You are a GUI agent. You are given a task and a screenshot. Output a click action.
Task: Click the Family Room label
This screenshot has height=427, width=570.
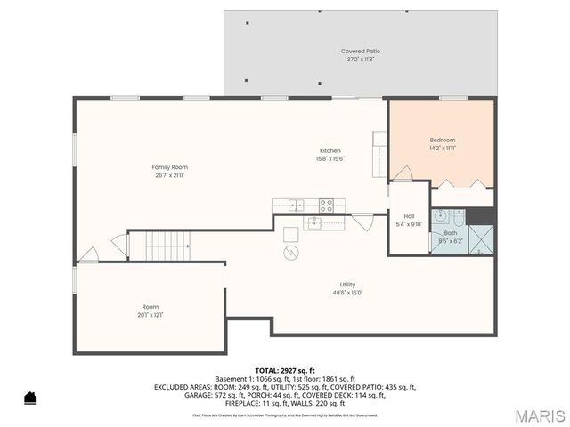click(x=169, y=167)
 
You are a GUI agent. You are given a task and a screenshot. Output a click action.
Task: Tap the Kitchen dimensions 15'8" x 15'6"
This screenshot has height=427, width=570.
click(x=330, y=159)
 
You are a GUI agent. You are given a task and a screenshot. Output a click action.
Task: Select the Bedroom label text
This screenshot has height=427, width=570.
click(x=443, y=140)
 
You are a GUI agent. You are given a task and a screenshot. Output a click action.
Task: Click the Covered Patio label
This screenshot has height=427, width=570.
click(x=359, y=51)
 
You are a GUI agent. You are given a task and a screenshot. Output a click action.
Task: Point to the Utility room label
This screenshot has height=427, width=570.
click(x=347, y=285)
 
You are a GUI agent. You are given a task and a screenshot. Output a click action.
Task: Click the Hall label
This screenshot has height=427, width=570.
click(x=409, y=216)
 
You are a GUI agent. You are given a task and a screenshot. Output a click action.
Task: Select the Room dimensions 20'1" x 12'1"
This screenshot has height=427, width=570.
click(x=151, y=315)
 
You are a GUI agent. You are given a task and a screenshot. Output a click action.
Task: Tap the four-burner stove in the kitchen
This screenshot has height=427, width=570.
click(x=326, y=205)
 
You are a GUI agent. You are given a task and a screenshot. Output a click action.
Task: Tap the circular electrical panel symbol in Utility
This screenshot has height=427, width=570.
click(x=291, y=253)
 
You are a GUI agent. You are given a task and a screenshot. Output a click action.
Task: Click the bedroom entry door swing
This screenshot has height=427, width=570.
click(x=403, y=172)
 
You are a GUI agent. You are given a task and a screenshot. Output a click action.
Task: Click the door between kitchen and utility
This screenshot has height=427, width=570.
click(x=362, y=220)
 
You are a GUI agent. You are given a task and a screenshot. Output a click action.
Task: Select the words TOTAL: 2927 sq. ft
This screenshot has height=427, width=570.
click(x=285, y=369)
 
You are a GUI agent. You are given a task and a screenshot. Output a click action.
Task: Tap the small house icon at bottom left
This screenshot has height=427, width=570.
click(x=29, y=398)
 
